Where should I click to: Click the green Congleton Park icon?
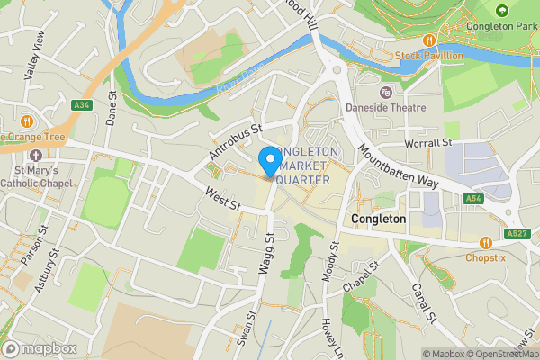(502, 10)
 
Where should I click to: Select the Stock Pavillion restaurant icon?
(429, 40)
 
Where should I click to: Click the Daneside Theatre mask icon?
(386, 92)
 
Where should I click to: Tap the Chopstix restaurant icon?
(486, 242)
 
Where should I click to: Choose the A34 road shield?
(83, 105)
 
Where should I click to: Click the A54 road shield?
(475, 198)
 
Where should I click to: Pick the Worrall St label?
(428, 143)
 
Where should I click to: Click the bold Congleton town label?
(379, 219)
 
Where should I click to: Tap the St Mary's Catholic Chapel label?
(36, 176)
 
